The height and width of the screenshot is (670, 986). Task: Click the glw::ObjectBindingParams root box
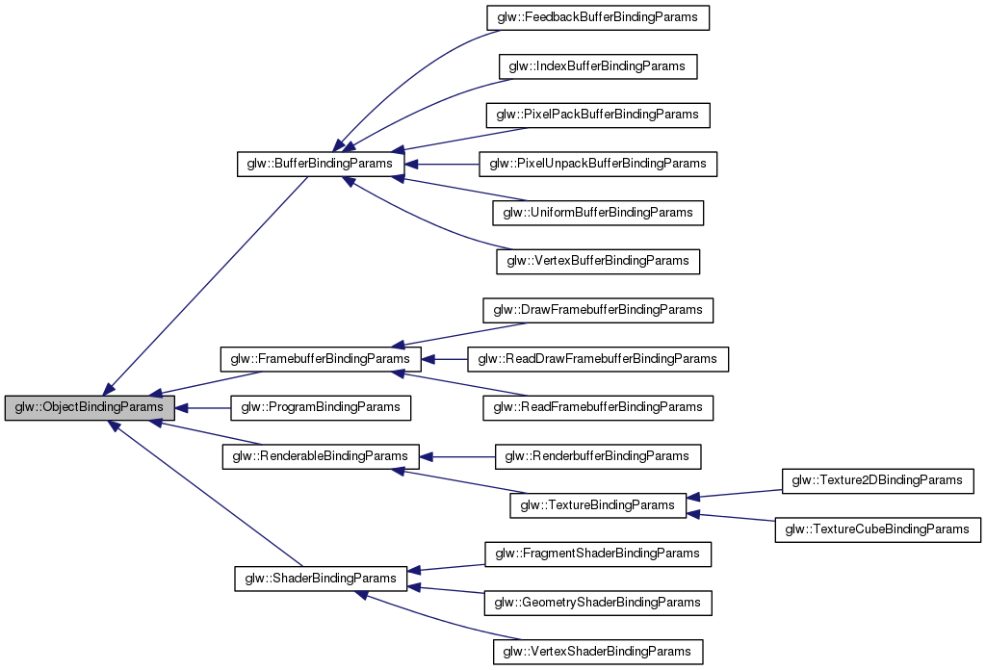pos(89,408)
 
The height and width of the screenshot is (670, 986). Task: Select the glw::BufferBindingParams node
pos(320,164)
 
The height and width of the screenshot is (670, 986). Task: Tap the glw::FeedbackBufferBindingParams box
pos(597,17)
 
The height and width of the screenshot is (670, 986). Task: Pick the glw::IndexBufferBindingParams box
pos(597,66)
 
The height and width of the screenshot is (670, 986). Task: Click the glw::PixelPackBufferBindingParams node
pos(597,115)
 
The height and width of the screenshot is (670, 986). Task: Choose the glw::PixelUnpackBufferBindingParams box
pos(598,164)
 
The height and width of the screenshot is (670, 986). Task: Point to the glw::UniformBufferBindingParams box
pos(597,213)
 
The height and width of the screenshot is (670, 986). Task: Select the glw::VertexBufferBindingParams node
pos(597,261)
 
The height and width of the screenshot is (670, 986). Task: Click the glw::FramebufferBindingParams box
pos(320,359)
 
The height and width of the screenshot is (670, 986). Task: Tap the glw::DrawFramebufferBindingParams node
pos(597,310)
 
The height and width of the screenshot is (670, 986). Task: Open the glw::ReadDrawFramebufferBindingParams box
pos(597,359)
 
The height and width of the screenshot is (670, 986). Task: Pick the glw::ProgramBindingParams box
pos(320,408)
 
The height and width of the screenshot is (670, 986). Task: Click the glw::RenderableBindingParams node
pos(320,456)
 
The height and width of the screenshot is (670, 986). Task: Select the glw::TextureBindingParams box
pos(597,505)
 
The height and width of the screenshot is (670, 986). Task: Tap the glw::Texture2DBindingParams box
pos(876,480)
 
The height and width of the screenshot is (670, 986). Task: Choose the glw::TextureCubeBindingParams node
pos(877,529)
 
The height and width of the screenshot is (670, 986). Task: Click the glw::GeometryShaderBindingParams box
pos(597,603)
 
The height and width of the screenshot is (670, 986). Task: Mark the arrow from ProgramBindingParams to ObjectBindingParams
pos(203,408)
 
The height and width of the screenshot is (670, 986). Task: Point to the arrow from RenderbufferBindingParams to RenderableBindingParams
pos(457,456)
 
